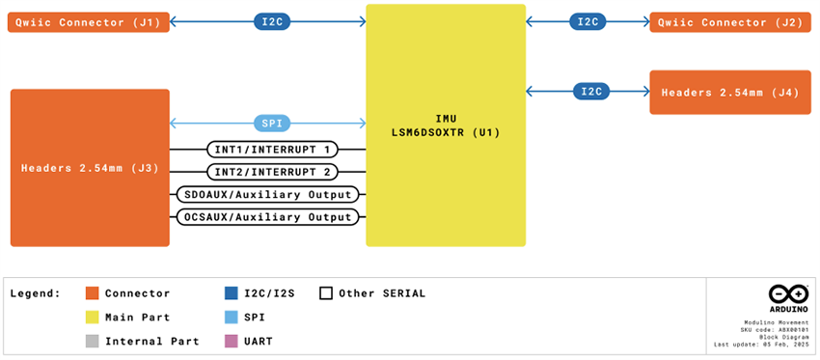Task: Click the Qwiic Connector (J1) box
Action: coord(89,21)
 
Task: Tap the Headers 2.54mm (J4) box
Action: coord(731,92)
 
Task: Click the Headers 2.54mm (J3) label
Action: coord(90,168)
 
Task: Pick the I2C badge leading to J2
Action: coord(588,21)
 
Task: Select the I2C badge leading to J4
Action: coord(589,92)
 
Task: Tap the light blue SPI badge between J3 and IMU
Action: coord(268,123)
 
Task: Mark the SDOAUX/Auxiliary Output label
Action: coord(268,194)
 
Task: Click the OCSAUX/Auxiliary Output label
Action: coord(268,217)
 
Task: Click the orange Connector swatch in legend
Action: coord(92,292)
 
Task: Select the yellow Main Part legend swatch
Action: coord(92,317)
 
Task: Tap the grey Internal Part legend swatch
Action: coord(92,341)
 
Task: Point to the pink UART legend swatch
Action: coord(231,341)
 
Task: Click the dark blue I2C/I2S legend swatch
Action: coord(231,292)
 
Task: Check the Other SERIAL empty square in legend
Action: coord(326,292)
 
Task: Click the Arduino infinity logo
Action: coord(781,294)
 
